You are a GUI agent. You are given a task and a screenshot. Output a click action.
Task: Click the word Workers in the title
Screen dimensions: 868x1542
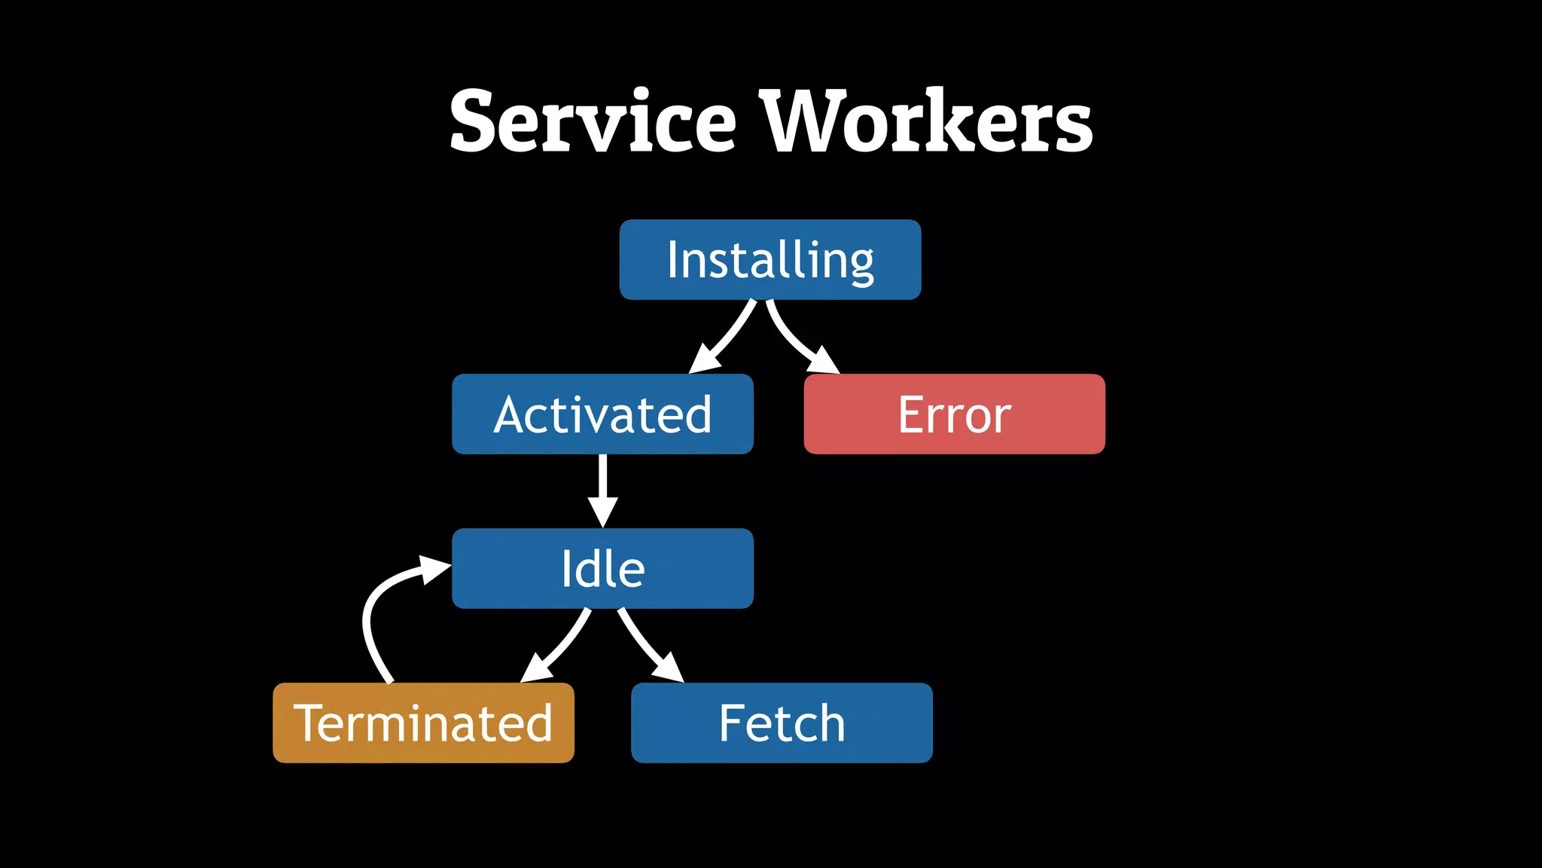pyautogui.click(x=926, y=121)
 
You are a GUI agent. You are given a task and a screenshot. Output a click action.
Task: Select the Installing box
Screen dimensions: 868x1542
pyautogui.click(x=769, y=260)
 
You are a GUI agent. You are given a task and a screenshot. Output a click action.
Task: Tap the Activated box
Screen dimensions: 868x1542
pyautogui.click(x=602, y=414)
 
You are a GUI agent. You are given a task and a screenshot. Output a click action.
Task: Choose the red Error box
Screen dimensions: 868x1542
pyautogui.click(x=954, y=414)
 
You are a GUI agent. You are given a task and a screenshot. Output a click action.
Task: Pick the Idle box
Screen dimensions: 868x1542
pyautogui.click(x=602, y=569)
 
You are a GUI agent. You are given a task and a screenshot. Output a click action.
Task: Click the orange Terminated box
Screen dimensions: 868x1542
pyautogui.click(x=423, y=723)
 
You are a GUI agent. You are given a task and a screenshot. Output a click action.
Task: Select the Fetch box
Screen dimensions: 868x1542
pyautogui.click(x=782, y=723)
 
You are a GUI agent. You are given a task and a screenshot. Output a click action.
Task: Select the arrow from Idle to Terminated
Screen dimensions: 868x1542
pyautogui.click(x=561, y=644)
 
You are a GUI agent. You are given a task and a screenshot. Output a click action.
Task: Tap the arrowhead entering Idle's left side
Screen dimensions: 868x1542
pyautogui.click(x=435, y=569)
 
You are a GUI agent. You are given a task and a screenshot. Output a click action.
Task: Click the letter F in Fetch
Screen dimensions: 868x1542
pyautogui.click(x=733, y=723)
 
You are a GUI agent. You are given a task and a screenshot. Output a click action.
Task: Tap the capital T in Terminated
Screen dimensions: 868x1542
pyautogui.click(x=310, y=723)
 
